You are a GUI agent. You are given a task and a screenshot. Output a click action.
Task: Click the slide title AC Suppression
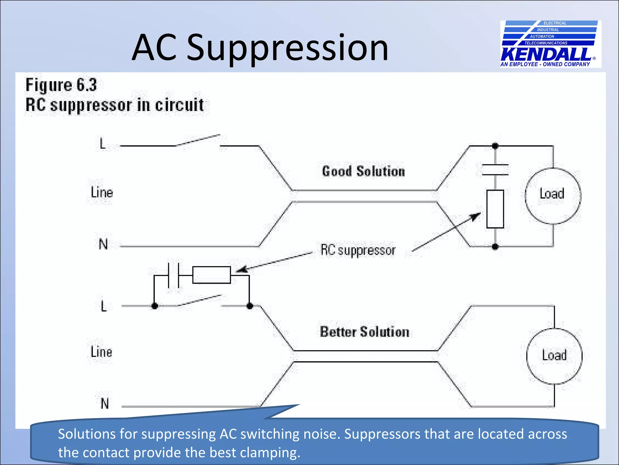[260, 48]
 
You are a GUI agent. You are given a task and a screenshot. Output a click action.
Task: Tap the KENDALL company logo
[550, 44]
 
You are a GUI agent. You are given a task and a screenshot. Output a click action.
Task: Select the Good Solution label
[363, 171]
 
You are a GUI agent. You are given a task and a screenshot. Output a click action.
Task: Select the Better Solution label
[365, 332]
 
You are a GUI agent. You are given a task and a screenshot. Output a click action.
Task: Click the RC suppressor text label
[358, 250]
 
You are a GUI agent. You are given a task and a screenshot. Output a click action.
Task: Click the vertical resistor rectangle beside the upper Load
[495, 209]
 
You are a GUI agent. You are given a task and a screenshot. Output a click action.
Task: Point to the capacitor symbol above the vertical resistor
[495, 170]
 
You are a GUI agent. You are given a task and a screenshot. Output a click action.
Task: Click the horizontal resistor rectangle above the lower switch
[212, 275]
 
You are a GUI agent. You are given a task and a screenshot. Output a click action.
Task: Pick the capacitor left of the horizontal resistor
[173, 275]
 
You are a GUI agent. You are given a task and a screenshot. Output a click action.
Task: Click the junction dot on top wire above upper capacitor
[495, 146]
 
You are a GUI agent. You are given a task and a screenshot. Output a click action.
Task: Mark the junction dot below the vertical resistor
[495, 246]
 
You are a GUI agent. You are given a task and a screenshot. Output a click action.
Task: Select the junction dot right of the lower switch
[250, 306]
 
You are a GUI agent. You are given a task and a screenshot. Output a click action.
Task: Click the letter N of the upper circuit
[103, 244]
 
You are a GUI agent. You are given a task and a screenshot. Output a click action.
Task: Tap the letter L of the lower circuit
[104, 306]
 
